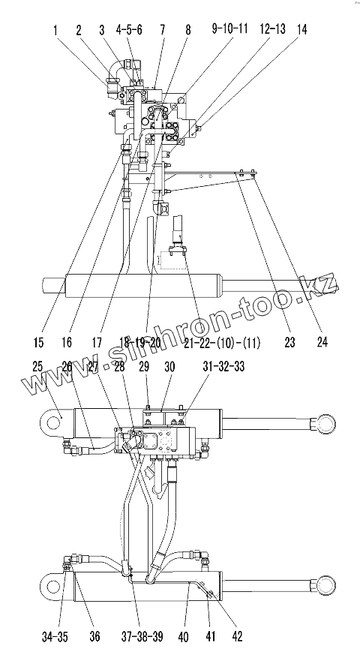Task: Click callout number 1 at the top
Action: click(55, 30)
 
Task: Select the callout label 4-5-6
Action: click(129, 30)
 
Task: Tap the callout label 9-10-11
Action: click(229, 29)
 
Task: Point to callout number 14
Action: click(301, 29)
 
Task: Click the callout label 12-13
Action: click(273, 29)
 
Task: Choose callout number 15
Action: click(40, 342)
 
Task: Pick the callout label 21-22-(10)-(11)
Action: click(222, 342)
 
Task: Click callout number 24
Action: click(322, 342)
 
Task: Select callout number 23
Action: click(289, 342)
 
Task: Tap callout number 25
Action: click(37, 366)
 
